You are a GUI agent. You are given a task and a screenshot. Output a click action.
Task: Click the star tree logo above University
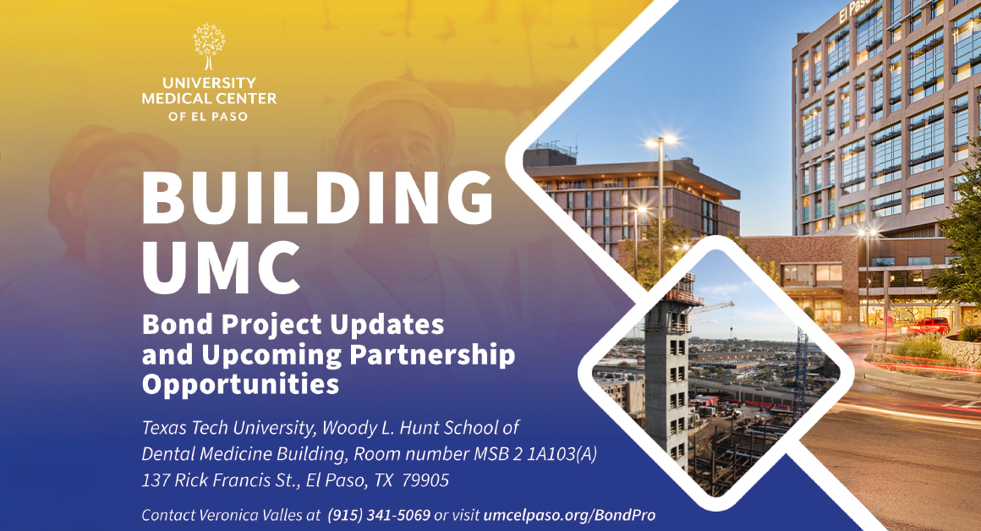[x=209, y=47]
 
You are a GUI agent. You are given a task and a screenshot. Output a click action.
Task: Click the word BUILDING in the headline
[x=318, y=198]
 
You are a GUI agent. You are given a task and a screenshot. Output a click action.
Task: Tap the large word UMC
[x=222, y=267]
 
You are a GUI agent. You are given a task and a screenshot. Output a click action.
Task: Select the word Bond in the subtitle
[x=178, y=325]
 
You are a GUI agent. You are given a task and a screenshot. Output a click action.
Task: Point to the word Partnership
[x=432, y=355]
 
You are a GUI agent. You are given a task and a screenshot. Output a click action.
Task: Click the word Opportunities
[x=240, y=383]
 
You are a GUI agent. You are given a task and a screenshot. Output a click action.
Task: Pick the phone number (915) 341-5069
[x=379, y=516]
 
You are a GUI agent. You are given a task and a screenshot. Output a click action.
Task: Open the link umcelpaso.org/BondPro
[x=569, y=516]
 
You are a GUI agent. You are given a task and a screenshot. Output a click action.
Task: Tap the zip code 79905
[x=425, y=480]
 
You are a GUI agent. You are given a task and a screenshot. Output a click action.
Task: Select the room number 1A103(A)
[x=562, y=453]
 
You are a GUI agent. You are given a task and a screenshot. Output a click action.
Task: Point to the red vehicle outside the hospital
[x=929, y=326]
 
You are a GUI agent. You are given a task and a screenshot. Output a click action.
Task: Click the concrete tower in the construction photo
[x=668, y=375]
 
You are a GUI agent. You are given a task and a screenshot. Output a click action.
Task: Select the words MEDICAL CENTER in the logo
[x=209, y=98]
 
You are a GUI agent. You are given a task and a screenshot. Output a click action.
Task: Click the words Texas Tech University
[x=229, y=428]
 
